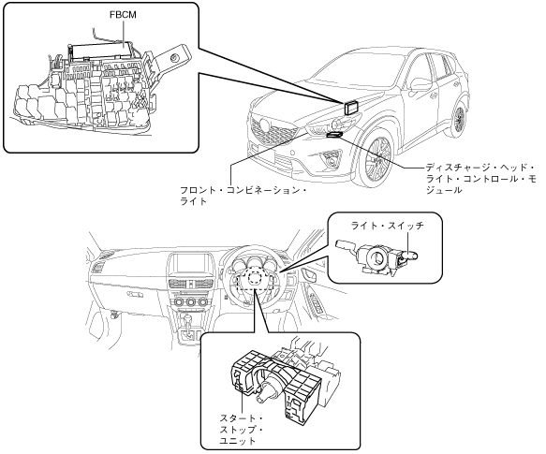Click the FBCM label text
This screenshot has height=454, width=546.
pos(123,15)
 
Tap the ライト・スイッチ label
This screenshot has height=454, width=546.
pos(387,226)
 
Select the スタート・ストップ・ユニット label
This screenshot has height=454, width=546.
pos(241,430)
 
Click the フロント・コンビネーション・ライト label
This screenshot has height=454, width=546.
pos(243,196)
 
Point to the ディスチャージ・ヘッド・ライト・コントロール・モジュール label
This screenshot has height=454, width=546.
pos(481,179)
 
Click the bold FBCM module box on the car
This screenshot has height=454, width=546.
pos(352,108)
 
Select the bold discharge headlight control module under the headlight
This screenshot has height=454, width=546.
pos(335,135)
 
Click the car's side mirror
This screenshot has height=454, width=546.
pos(419,84)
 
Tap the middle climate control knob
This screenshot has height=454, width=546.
pos(191,302)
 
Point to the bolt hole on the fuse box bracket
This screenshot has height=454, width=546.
pos(174,58)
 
